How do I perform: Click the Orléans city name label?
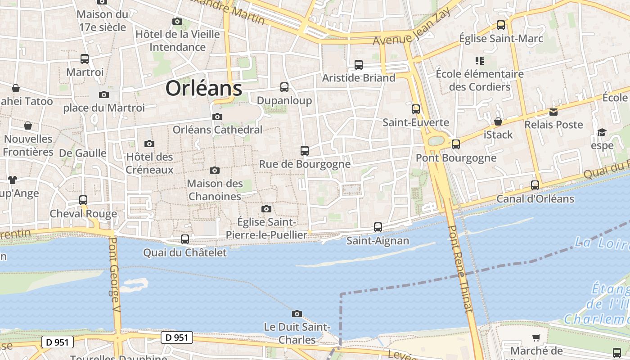coord(204,88)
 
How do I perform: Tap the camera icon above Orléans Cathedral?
coord(217,117)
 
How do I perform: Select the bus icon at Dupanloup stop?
coord(284,87)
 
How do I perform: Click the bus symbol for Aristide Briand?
coord(359,65)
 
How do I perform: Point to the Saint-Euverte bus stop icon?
coord(416,109)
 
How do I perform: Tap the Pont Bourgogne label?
coord(456,158)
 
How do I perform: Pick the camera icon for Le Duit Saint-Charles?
coord(297,314)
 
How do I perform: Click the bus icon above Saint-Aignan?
coord(378,227)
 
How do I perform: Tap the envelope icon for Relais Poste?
coord(553,112)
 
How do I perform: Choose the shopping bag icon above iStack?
coord(498,121)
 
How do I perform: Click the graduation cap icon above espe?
coord(602,132)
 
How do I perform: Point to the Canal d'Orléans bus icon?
coord(535,185)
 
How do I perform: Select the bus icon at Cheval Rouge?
coord(83,200)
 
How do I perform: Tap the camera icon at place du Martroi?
coord(104,94)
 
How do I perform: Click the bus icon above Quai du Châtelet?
coord(185,239)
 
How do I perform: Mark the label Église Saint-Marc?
coord(501,39)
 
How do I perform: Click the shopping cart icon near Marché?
coord(536,337)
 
